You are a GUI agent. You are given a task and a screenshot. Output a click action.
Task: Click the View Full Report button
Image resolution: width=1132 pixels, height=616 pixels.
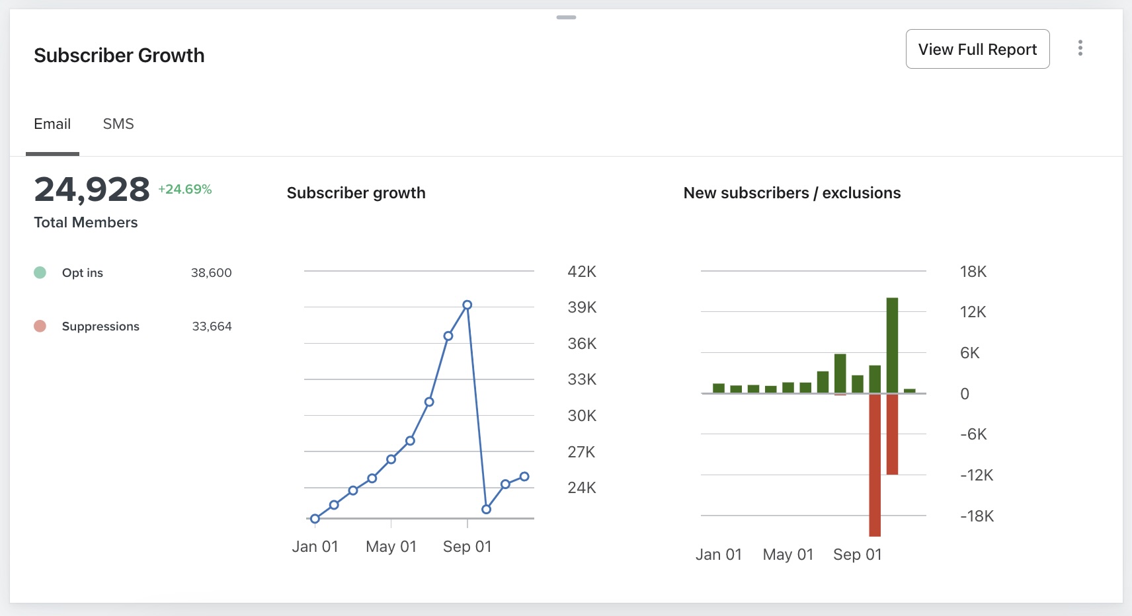977,49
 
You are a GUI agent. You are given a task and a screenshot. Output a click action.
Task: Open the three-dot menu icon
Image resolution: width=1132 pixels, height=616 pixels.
1080,48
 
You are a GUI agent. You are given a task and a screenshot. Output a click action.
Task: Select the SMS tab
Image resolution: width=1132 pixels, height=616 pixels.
118,124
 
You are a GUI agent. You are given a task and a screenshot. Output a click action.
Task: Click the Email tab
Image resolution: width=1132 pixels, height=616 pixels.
52,124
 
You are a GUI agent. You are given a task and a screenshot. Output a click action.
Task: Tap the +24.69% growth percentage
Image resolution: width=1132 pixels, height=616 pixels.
185,189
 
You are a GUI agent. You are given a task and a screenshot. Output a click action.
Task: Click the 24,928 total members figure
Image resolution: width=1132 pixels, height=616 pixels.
92,190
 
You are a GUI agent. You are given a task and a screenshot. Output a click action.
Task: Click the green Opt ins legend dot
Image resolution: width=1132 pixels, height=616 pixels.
40,272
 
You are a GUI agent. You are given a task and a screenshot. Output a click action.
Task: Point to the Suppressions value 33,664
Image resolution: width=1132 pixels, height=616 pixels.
212,326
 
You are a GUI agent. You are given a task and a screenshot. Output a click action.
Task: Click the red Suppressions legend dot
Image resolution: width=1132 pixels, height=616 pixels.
40,326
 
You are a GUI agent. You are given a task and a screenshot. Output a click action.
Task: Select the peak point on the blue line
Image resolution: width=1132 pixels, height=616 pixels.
467,305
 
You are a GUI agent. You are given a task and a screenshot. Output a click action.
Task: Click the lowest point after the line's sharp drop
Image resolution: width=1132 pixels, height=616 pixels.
486,509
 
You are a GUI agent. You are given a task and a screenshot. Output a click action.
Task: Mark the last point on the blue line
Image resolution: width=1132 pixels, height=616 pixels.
524,476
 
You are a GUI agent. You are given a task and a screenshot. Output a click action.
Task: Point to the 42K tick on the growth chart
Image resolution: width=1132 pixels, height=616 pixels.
582,272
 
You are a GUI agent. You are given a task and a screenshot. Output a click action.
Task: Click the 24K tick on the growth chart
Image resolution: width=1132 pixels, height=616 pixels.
582,488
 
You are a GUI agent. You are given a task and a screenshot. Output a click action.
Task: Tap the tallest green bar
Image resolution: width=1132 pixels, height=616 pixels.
892,345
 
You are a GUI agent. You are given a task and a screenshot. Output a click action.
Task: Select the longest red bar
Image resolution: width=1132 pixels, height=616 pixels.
875,465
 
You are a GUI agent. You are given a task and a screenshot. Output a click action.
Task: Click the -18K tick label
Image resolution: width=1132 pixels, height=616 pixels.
977,516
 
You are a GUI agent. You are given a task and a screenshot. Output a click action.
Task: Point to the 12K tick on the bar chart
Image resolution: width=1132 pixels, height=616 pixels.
973,312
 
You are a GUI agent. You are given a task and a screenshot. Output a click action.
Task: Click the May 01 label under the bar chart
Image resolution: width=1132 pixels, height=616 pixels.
788,555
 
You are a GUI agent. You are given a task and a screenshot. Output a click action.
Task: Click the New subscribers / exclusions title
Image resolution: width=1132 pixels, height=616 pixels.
791,193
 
